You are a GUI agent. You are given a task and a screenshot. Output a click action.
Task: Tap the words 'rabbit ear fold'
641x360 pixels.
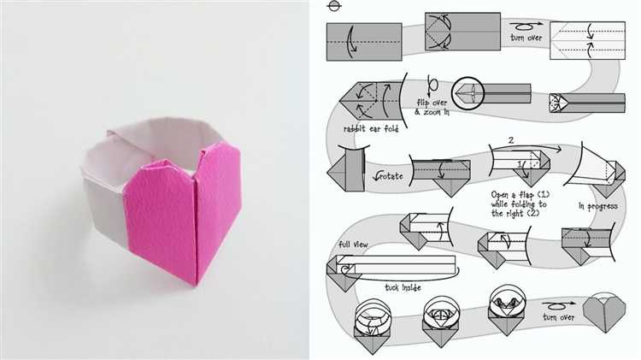(371, 129)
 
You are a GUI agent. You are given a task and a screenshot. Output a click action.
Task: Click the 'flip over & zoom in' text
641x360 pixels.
(432, 107)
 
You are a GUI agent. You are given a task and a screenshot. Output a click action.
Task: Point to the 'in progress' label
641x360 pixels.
(597, 206)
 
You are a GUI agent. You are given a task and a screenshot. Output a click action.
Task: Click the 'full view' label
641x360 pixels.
(353, 245)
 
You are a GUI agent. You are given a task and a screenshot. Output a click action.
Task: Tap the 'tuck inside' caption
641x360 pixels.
(403, 287)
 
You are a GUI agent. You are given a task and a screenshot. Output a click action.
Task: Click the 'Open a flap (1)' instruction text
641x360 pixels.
(520, 195)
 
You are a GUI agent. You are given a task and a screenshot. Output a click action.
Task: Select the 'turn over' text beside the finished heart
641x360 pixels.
(558, 317)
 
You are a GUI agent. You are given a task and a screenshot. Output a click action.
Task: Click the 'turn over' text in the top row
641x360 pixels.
(526, 38)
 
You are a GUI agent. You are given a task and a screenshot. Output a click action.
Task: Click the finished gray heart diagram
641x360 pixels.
(603, 314)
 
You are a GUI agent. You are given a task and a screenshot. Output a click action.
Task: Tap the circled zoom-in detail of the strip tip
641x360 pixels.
(468, 93)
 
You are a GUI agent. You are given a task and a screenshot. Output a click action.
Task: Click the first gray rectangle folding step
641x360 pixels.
(364, 42)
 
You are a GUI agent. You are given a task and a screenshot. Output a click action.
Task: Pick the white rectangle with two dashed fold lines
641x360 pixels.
(587, 40)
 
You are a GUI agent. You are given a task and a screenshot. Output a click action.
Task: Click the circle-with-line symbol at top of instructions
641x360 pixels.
(334, 6)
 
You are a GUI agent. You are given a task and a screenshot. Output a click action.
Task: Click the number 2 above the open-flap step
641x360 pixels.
(510, 140)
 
